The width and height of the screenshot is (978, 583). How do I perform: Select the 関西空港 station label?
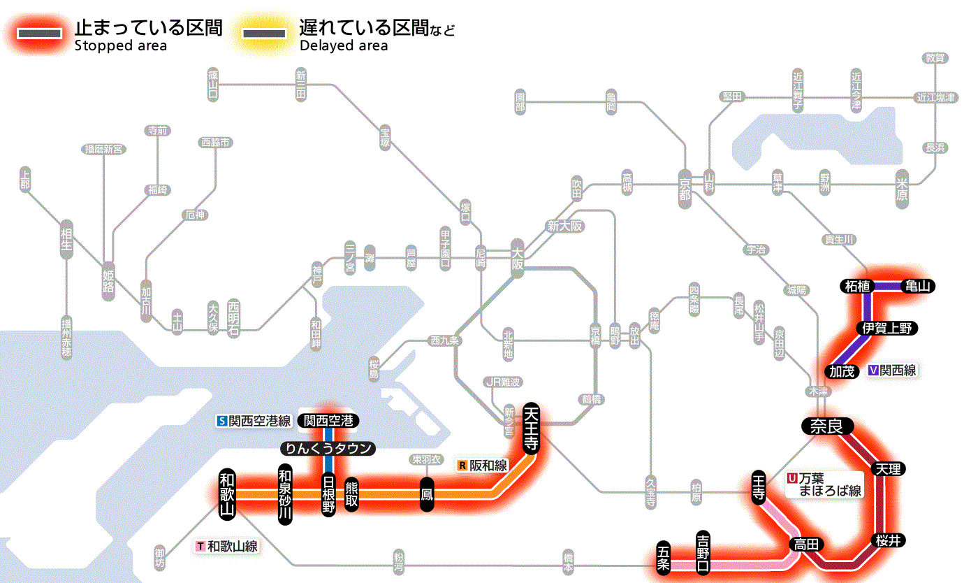coord(328,421)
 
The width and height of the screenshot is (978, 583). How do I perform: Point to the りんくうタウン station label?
coord(328,449)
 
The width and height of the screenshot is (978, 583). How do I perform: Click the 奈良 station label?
coord(826,426)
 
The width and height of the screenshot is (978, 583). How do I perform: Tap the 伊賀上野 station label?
coord(887,328)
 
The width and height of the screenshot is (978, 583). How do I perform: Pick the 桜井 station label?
coord(889,540)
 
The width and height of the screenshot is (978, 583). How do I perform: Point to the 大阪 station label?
coord(517,259)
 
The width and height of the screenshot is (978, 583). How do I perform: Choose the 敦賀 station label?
coord(935,58)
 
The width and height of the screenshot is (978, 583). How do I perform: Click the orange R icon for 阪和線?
coord(462,465)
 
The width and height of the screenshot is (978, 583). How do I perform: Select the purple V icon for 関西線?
coord(873,370)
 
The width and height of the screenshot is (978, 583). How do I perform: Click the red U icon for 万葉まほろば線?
coord(792,478)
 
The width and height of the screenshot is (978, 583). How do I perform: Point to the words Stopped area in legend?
coord(120,46)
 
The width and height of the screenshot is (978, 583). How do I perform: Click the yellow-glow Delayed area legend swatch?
coord(263,33)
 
